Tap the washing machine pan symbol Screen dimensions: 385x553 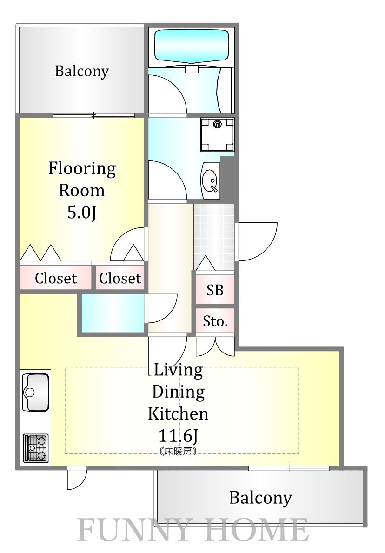click(217, 134)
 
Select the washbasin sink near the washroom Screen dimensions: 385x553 click(211, 180)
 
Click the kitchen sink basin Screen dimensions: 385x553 click(36, 392)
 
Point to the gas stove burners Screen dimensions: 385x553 click(36, 447)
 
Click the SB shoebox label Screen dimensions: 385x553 click(215, 290)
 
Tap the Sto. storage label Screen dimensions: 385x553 click(215, 321)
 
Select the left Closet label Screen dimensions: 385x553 click(56, 278)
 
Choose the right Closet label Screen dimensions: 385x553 click(120, 278)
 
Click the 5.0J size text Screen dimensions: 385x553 click(82, 213)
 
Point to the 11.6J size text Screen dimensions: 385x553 click(178, 436)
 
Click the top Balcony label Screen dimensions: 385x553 click(82, 72)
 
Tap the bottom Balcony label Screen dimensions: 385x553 click(260, 498)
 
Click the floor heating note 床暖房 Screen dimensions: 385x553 click(178, 451)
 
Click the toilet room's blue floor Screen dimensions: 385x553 click(113, 313)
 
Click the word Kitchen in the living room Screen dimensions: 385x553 click(178, 413)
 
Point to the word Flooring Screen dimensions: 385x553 click(82, 169)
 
